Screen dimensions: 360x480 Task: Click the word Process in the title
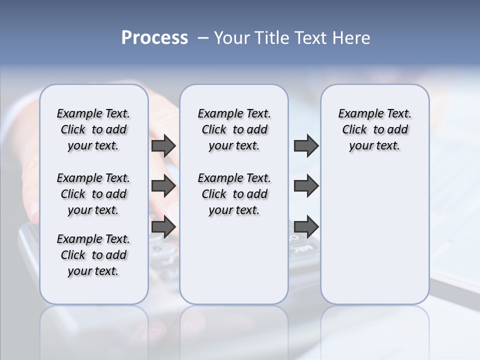click(x=154, y=38)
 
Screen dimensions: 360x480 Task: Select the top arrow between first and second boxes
click(x=163, y=146)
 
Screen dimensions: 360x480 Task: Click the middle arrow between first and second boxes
click(x=163, y=186)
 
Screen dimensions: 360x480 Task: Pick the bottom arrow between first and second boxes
click(x=163, y=226)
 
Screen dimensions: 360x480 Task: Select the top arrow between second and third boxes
click(x=306, y=146)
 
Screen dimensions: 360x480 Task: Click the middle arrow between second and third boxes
click(x=306, y=186)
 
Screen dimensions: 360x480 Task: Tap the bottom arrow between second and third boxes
click(x=306, y=226)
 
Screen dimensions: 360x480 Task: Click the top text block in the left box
click(x=93, y=129)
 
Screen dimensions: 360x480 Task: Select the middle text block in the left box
click(x=93, y=194)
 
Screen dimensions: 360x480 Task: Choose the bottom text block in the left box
click(x=93, y=255)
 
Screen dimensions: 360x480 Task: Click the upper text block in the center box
click(x=234, y=129)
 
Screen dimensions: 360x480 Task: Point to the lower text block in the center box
click(x=234, y=194)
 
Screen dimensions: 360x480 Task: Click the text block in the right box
click(x=374, y=129)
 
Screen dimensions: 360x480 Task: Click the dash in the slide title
click(x=203, y=38)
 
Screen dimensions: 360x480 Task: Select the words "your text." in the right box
click(x=374, y=145)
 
